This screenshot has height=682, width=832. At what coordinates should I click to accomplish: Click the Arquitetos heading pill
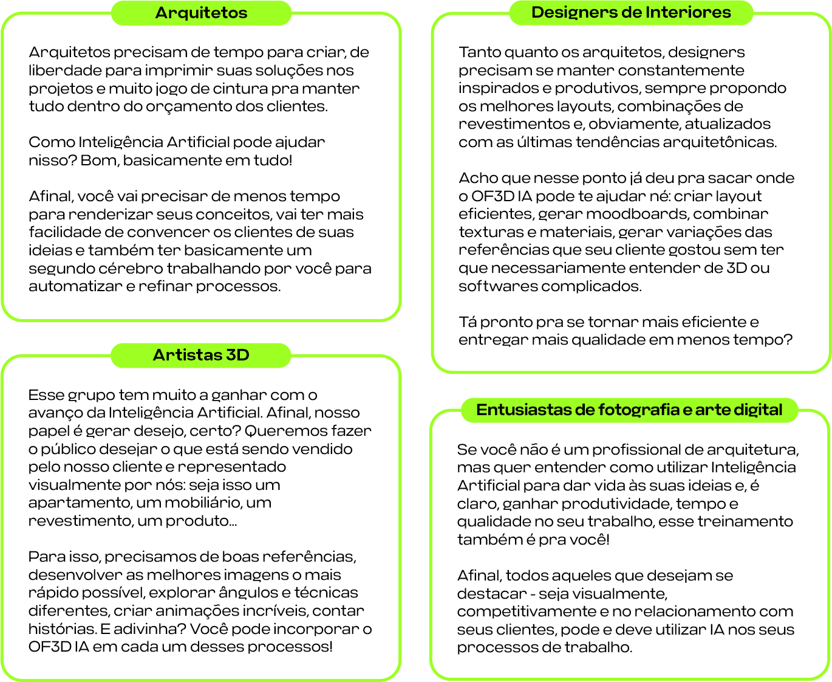(x=201, y=13)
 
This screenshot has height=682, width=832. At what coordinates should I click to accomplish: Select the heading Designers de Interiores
(x=631, y=12)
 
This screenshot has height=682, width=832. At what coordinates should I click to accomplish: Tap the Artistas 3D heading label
(x=201, y=355)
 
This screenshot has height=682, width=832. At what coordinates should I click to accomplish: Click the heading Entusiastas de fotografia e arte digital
(x=629, y=410)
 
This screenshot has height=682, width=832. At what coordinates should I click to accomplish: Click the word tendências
(x=616, y=142)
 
